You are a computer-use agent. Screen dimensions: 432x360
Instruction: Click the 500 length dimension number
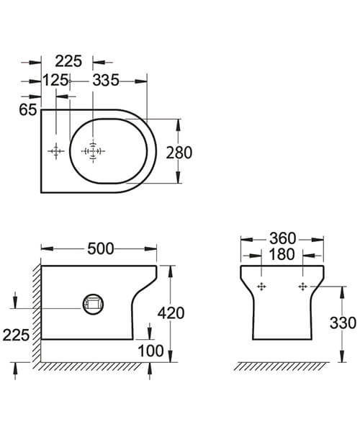click(x=100, y=248)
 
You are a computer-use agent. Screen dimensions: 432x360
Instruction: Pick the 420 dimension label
click(x=171, y=312)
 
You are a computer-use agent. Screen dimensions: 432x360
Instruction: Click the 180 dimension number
click(x=282, y=255)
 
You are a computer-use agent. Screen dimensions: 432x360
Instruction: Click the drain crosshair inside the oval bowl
click(x=93, y=150)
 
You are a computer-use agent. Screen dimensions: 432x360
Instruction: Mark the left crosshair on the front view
click(x=261, y=287)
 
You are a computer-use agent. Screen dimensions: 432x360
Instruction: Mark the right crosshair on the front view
click(x=303, y=287)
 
